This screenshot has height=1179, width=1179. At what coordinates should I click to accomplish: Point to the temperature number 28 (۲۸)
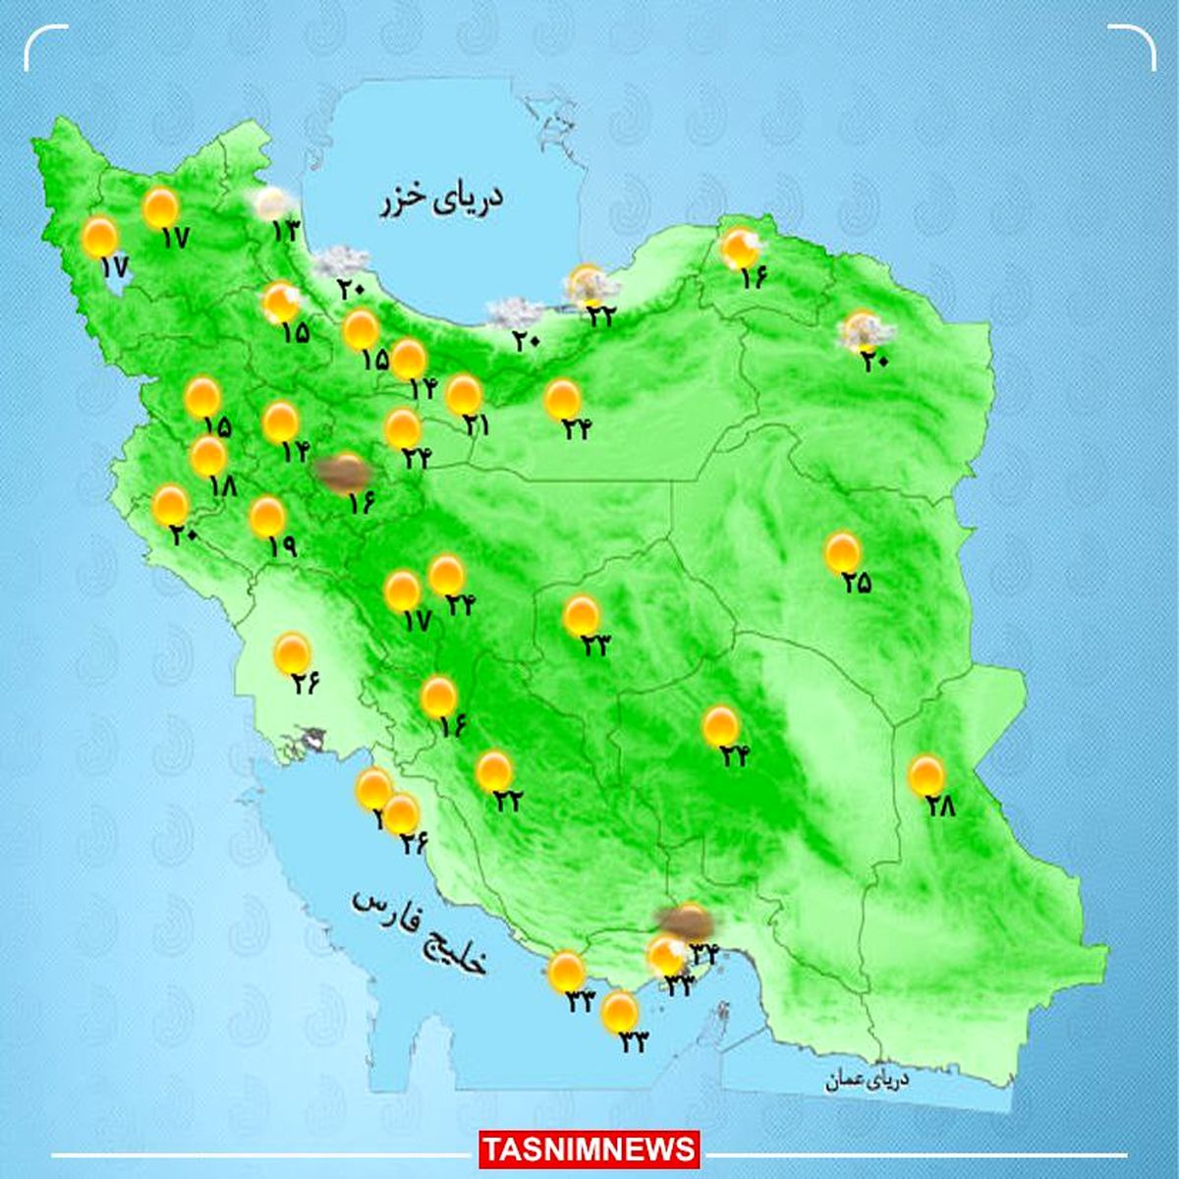point(940,807)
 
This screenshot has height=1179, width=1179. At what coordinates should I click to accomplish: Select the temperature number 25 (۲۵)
point(856,583)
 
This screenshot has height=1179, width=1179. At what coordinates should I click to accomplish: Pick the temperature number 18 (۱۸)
point(223,485)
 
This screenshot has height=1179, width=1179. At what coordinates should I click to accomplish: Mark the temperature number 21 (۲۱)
point(477,425)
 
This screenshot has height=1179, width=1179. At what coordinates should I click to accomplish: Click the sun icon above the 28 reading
point(926,775)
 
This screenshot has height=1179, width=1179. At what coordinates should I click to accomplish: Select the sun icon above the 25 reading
point(842,551)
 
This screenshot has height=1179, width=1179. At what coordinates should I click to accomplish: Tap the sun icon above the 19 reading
point(267,516)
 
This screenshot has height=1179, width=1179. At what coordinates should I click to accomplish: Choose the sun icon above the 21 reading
point(464,394)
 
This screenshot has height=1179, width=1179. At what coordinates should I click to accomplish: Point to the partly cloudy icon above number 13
point(270,204)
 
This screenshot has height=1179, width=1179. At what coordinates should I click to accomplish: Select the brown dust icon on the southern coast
point(686,921)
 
